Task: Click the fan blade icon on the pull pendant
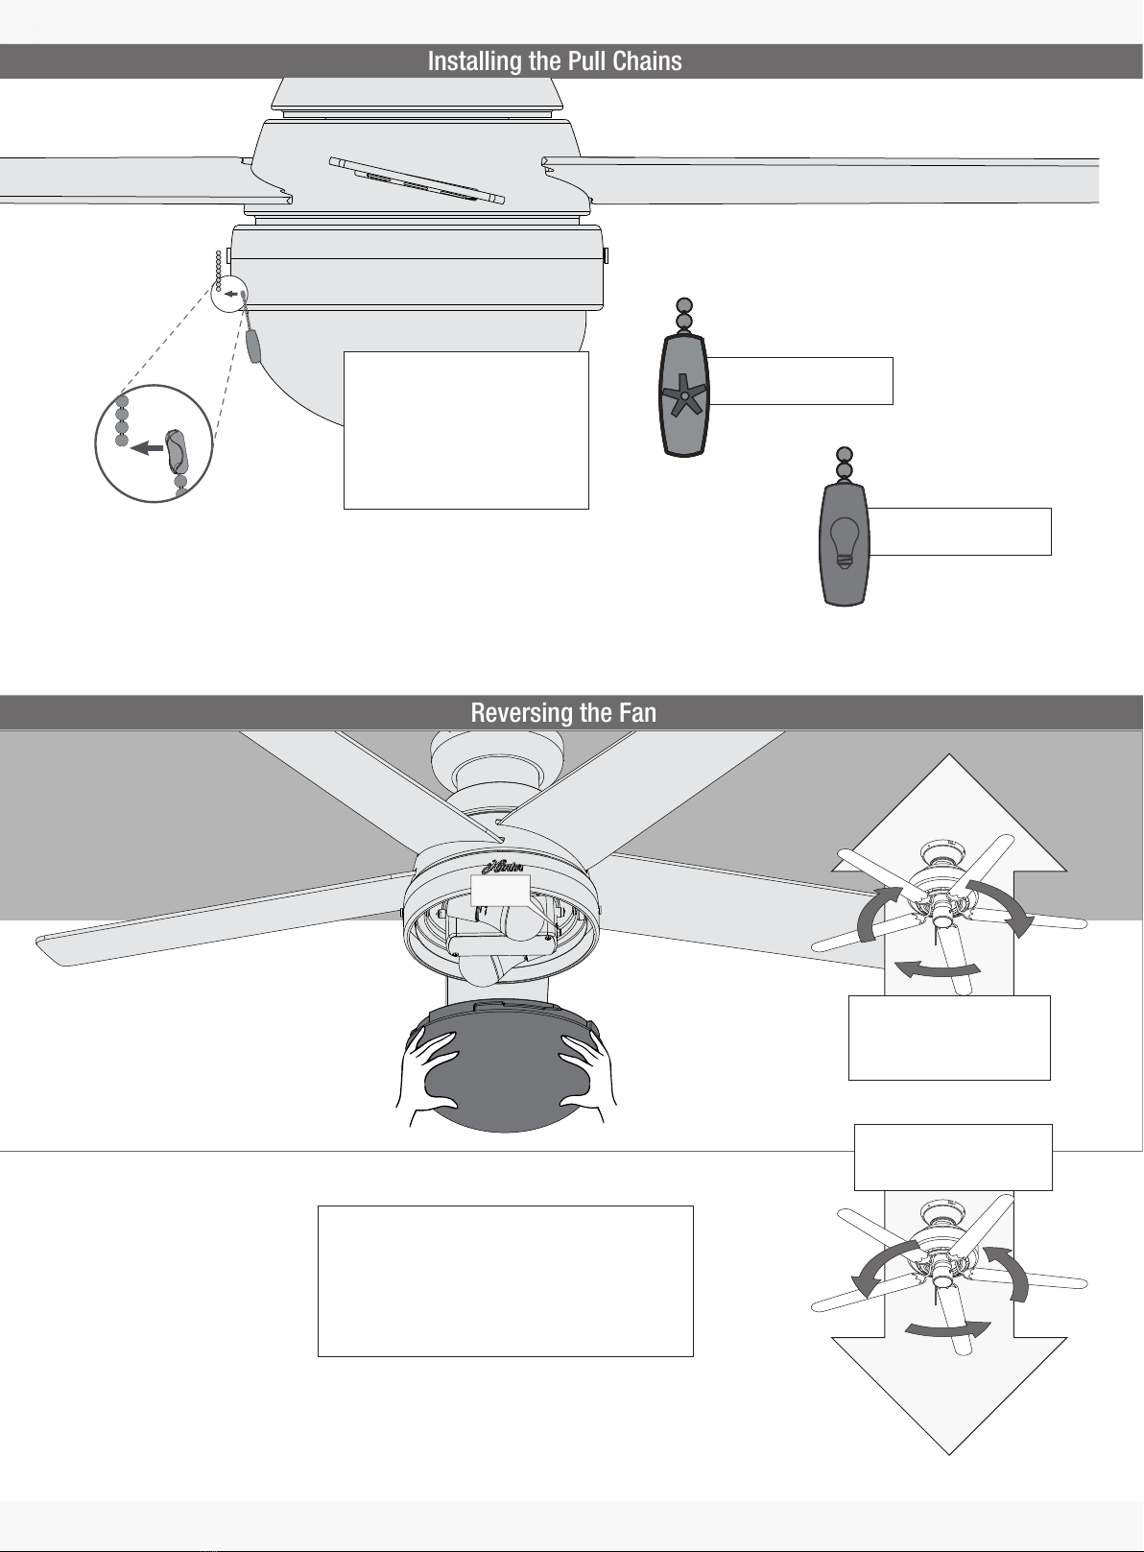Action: (x=684, y=394)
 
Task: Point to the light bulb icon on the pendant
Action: (x=844, y=542)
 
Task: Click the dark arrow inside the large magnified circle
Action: (x=147, y=448)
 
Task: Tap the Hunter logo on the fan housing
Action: (x=503, y=866)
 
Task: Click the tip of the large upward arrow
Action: (x=949, y=754)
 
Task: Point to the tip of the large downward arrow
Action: (x=949, y=1453)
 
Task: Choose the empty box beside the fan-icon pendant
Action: (x=800, y=381)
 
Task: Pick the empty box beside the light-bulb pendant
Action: (x=959, y=532)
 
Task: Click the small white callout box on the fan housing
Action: (x=500, y=891)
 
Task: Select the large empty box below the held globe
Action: (x=506, y=1281)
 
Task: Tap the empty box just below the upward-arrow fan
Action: (x=949, y=1038)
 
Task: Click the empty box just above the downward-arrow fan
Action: (x=953, y=1158)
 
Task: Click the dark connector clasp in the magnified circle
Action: (x=176, y=452)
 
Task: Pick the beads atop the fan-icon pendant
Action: (x=684, y=314)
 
